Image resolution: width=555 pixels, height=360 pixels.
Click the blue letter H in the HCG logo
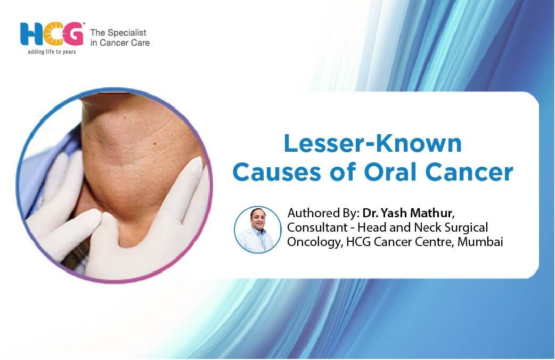[31, 34]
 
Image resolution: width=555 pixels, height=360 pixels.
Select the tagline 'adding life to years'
[52, 52]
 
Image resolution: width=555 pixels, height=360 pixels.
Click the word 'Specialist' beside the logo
[126, 33]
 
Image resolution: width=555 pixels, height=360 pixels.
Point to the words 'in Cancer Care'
[120, 43]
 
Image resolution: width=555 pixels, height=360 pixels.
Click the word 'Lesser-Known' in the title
[373, 144]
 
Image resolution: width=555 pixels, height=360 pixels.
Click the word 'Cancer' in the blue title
[469, 173]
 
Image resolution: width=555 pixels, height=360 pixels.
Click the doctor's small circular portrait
[258, 230]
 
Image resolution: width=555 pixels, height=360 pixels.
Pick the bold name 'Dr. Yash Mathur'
[407, 213]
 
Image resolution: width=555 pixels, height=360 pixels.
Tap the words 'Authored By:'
[323, 213]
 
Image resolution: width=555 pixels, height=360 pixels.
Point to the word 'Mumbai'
[480, 242]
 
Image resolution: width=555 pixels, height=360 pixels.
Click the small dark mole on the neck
[154, 143]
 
